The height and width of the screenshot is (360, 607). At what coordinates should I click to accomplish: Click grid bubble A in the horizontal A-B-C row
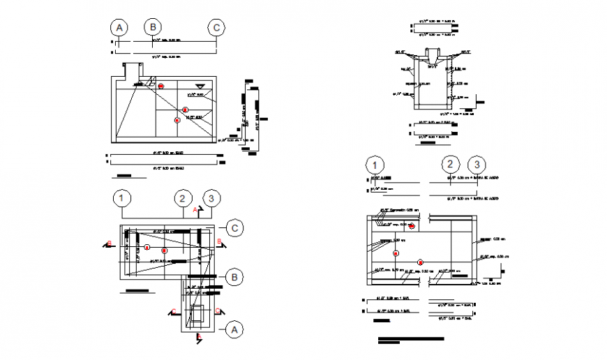click(120, 28)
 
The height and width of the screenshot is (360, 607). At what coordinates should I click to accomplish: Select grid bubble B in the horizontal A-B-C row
click(153, 27)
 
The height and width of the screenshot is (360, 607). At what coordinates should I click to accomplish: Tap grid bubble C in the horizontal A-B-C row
click(217, 28)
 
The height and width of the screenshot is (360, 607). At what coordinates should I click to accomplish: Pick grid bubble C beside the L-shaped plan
click(236, 228)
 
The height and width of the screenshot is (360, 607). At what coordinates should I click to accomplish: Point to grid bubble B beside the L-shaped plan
click(236, 277)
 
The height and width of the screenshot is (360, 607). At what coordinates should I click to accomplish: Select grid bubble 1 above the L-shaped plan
click(122, 198)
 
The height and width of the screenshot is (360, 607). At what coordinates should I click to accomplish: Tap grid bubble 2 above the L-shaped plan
click(183, 198)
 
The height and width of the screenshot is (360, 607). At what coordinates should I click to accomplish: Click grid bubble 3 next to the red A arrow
click(213, 198)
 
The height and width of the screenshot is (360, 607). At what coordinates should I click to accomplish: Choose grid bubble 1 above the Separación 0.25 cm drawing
click(375, 165)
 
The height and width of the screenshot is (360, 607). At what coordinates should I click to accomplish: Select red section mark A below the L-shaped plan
click(200, 338)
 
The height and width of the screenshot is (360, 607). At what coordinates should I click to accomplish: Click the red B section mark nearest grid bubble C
click(220, 242)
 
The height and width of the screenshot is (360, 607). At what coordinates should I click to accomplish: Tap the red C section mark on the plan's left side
click(173, 311)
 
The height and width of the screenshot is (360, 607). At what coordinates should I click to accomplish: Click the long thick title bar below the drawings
click(410, 339)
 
